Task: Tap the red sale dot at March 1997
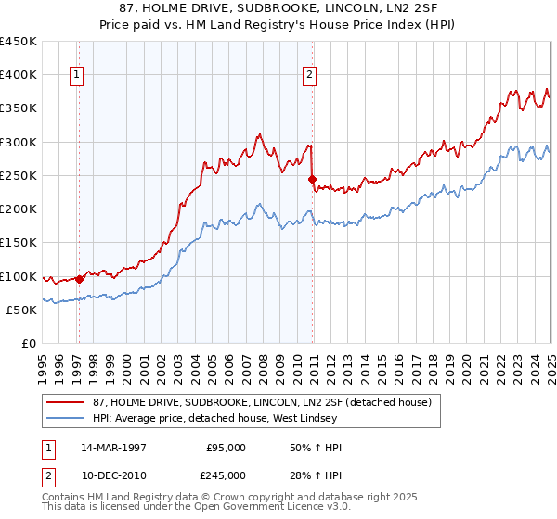(x=79, y=278)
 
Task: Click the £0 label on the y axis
(x=29, y=343)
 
